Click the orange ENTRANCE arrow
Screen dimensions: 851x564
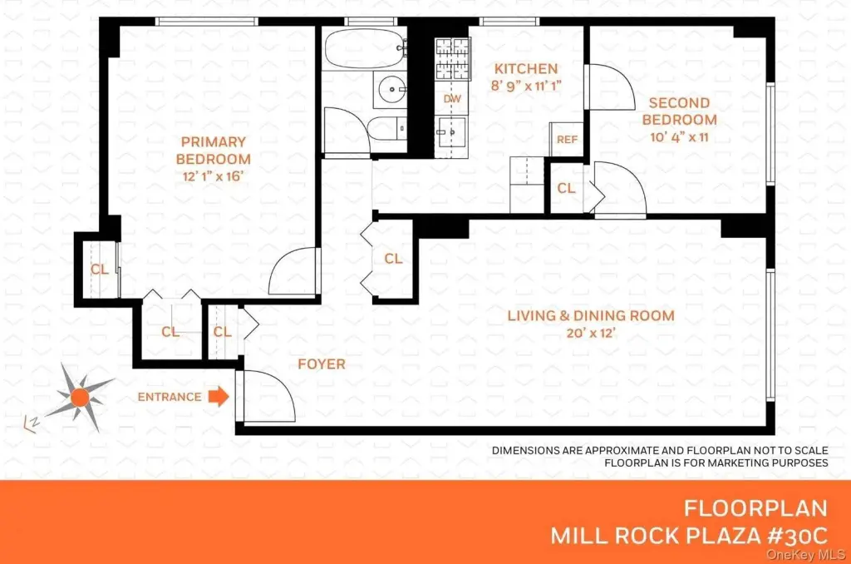pyautogui.click(x=219, y=397)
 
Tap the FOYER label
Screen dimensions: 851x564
pyautogui.click(x=322, y=364)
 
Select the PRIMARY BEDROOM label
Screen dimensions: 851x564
pyautogui.click(x=214, y=151)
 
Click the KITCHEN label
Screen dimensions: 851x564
pyautogui.click(x=526, y=69)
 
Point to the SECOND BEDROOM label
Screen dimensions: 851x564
pyautogui.click(x=680, y=111)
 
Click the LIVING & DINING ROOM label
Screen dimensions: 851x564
pyautogui.click(x=591, y=315)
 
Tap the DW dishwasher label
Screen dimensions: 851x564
pyautogui.click(x=452, y=99)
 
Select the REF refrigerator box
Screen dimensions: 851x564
pyautogui.click(x=567, y=140)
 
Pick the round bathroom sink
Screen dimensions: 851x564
pyautogui.click(x=391, y=89)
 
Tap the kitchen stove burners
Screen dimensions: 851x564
pyautogui.click(x=453, y=59)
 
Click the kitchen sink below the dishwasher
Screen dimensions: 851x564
pyautogui.click(x=452, y=131)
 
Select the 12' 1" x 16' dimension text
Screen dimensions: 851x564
pyautogui.click(x=214, y=176)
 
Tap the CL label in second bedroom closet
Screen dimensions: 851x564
pyautogui.click(x=566, y=188)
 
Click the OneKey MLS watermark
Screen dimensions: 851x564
pyautogui.click(x=805, y=555)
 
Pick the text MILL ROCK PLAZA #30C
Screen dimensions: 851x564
pyautogui.click(x=689, y=536)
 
